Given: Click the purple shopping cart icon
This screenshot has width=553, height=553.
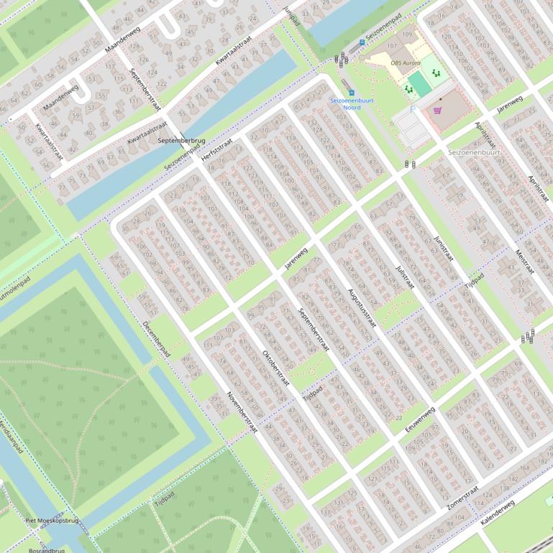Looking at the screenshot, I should [437, 110].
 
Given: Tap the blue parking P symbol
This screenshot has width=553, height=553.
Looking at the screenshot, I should [413, 109].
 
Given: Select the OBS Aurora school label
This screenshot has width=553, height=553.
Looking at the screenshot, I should [406, 63].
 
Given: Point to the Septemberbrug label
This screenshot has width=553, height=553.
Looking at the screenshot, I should [181, 141].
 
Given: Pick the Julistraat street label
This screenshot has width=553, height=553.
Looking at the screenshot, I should [405, 276].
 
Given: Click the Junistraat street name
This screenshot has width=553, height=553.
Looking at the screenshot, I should [444, 248].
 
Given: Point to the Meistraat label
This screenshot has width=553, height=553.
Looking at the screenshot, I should [524, 262].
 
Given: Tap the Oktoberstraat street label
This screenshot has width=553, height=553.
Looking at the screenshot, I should [275, 368].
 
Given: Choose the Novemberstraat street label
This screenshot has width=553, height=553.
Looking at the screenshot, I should [242, 412].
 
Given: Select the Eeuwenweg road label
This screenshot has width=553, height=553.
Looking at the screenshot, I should [421, 419].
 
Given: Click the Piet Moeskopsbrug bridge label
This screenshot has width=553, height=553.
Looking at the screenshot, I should [51, 521].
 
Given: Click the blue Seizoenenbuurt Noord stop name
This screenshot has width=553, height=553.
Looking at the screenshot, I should [351, 104].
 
